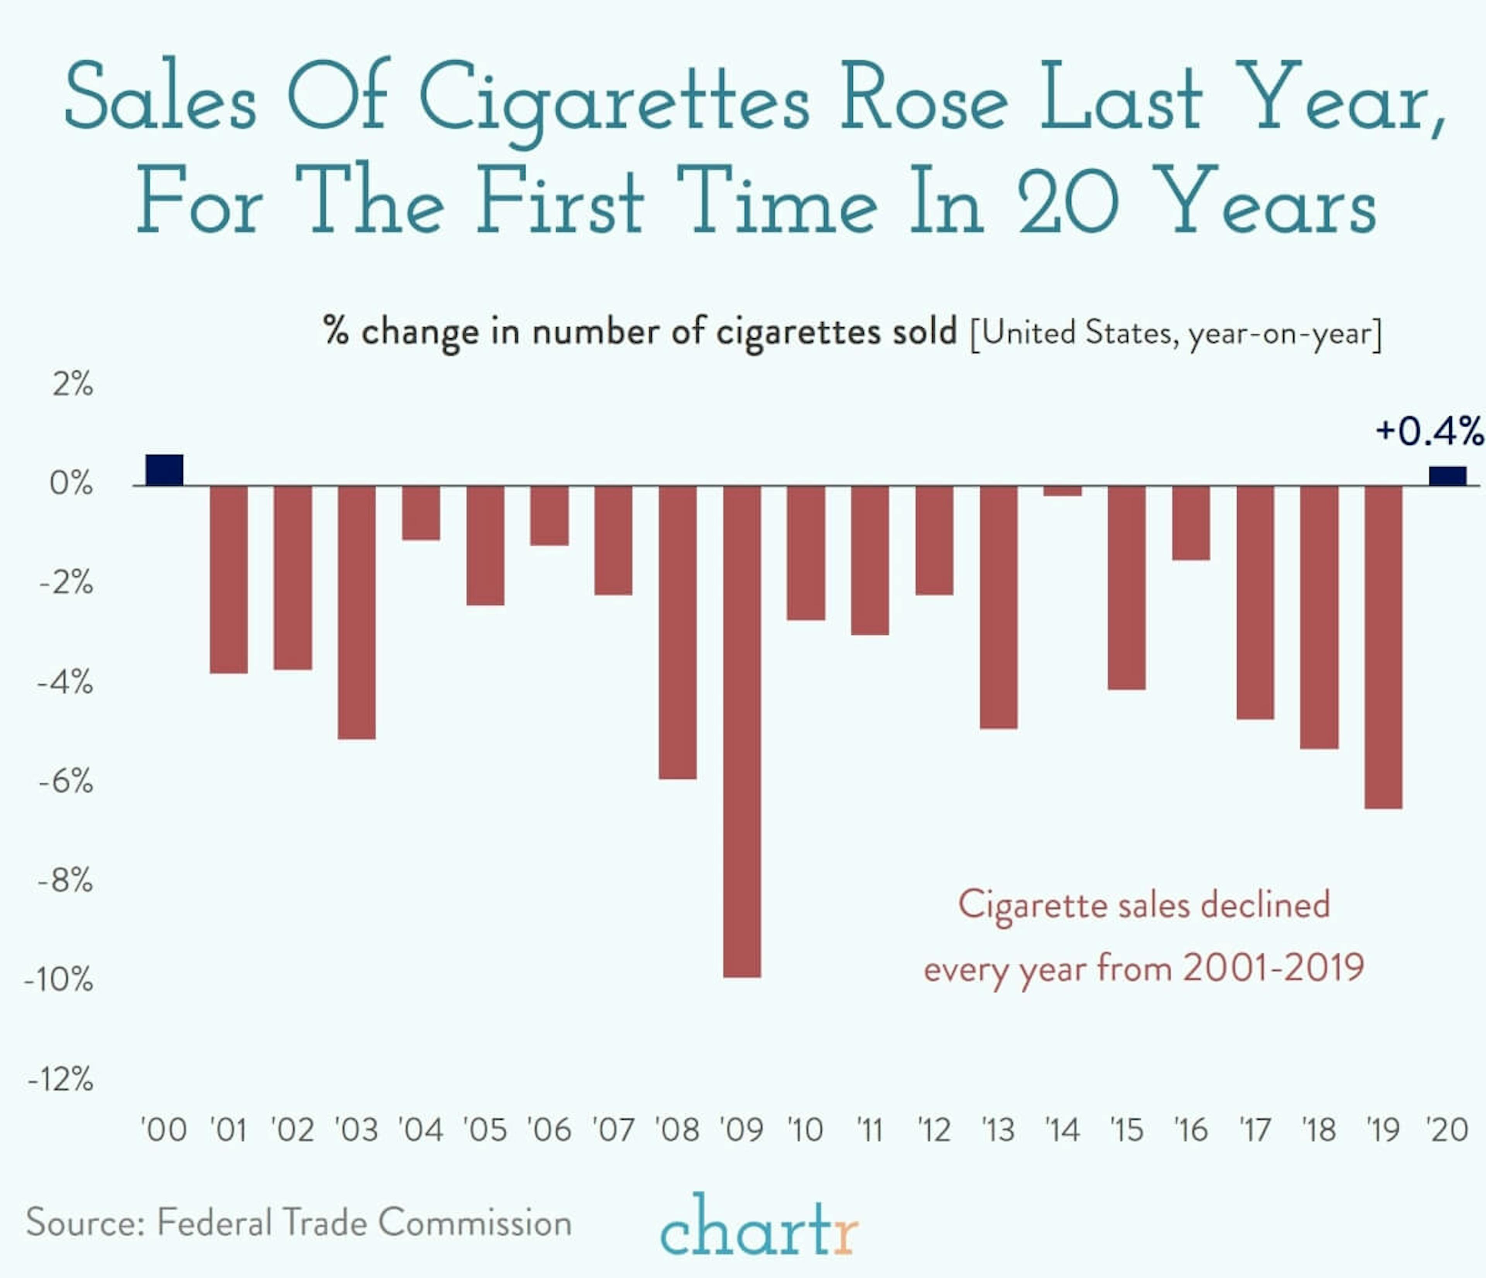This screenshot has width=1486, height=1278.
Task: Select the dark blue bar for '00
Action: coord(164,471)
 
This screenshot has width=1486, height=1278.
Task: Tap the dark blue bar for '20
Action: coord(1447,476)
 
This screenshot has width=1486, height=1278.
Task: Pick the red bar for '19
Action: coord(1383,647)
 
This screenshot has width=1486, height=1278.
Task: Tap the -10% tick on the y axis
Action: coord(59,980)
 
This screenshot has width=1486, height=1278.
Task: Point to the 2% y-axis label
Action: coord(72,385)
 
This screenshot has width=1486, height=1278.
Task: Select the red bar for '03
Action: coord(356,612)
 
